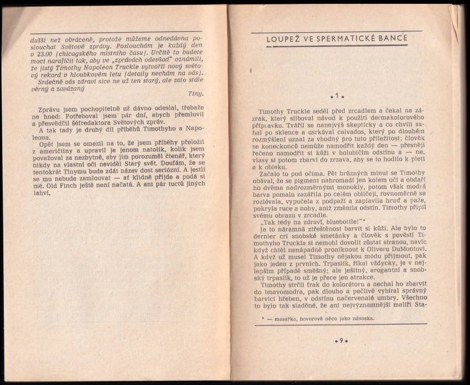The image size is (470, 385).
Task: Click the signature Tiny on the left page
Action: tap(196, 93)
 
